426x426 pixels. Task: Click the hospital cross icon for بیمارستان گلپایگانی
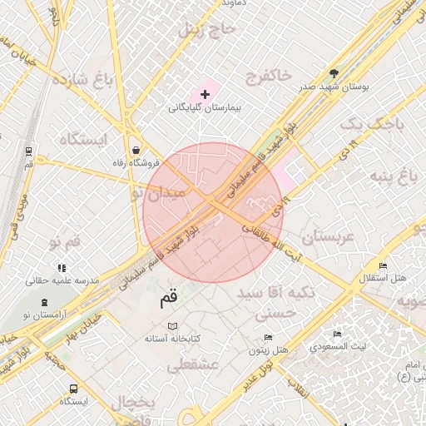[206, 95]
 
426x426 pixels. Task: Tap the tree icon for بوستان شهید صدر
[334, 73]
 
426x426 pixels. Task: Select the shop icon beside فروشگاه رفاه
[136, 151]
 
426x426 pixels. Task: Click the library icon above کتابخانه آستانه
[172, 326]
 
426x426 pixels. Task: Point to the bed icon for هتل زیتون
[267, 337]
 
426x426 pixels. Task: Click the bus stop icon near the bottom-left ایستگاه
[74, 388]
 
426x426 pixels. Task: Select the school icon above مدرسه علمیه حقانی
[62, 267]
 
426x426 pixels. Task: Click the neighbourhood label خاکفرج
[268, 77]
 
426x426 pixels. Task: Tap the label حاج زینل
[208, 30]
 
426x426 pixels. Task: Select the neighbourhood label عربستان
[327, 237]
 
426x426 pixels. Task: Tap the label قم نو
[65, 242]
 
